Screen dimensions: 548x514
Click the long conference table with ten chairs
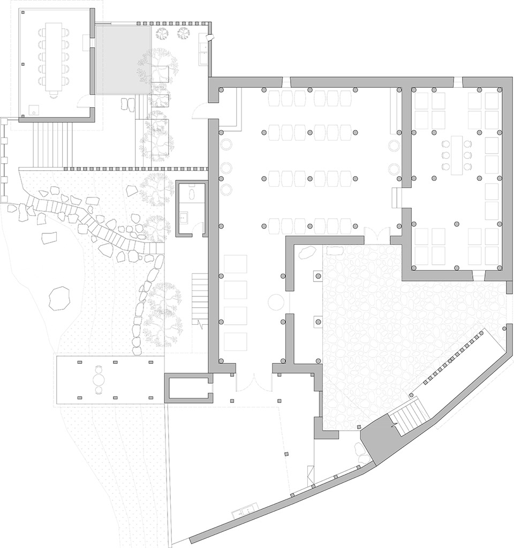[x=54, y=57]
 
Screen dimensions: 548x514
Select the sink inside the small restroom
[x=183, y=218]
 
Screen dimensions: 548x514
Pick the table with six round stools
[x=456, y=155]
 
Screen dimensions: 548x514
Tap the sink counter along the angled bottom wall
[x=243, y=512]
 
